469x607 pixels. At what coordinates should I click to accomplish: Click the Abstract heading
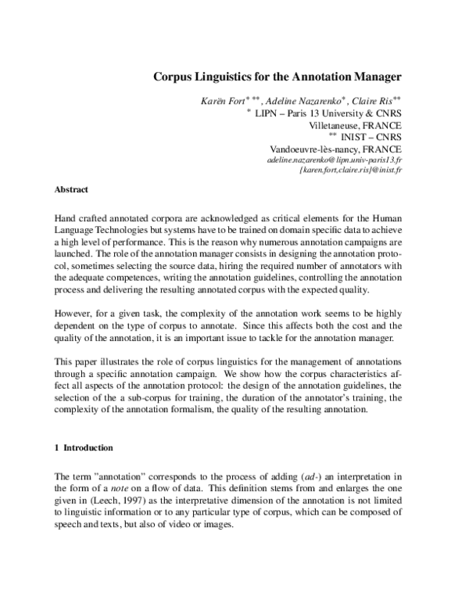coord(71,190)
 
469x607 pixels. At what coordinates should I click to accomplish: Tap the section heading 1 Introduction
coord(84,448)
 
